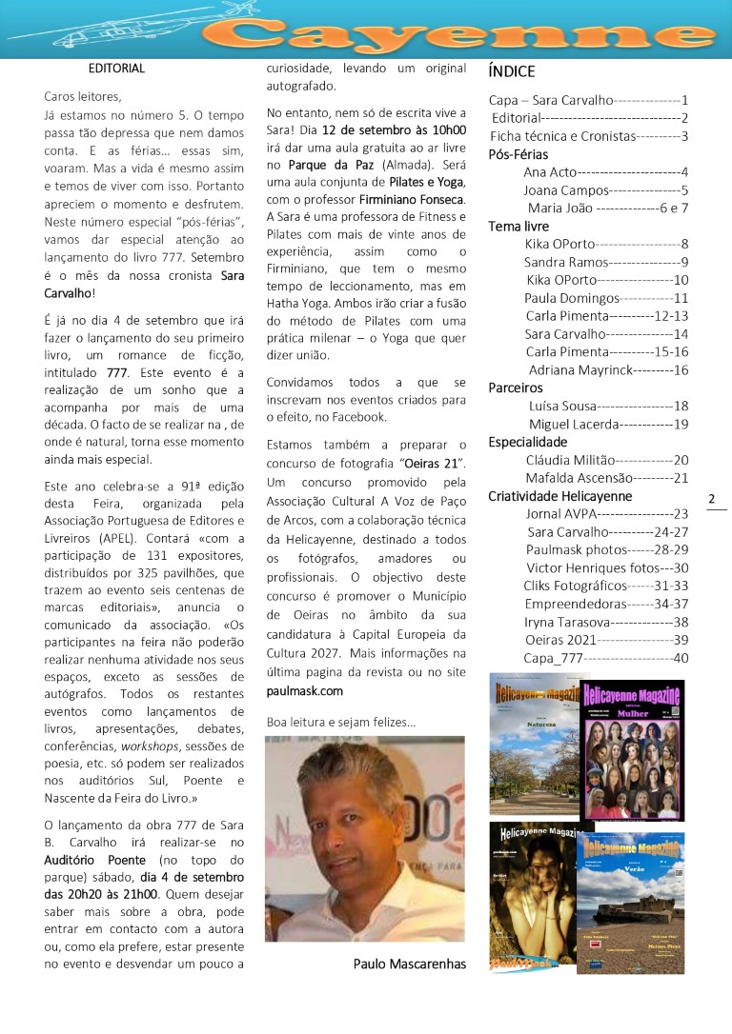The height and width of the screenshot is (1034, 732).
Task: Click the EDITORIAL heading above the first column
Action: click(x=116, y=69)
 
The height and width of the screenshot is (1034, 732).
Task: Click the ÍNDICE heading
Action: click(x=511, y=71)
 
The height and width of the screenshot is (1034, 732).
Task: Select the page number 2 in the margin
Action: click(x=712, y=498)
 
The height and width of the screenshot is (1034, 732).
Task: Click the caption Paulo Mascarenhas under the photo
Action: click(x=409, y=964)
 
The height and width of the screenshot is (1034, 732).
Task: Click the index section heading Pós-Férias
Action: click(x=518, y=154)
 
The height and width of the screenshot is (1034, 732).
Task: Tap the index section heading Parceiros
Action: click(x=516, y=388)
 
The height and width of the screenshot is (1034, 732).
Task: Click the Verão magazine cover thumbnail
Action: click(x=630, y=902)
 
